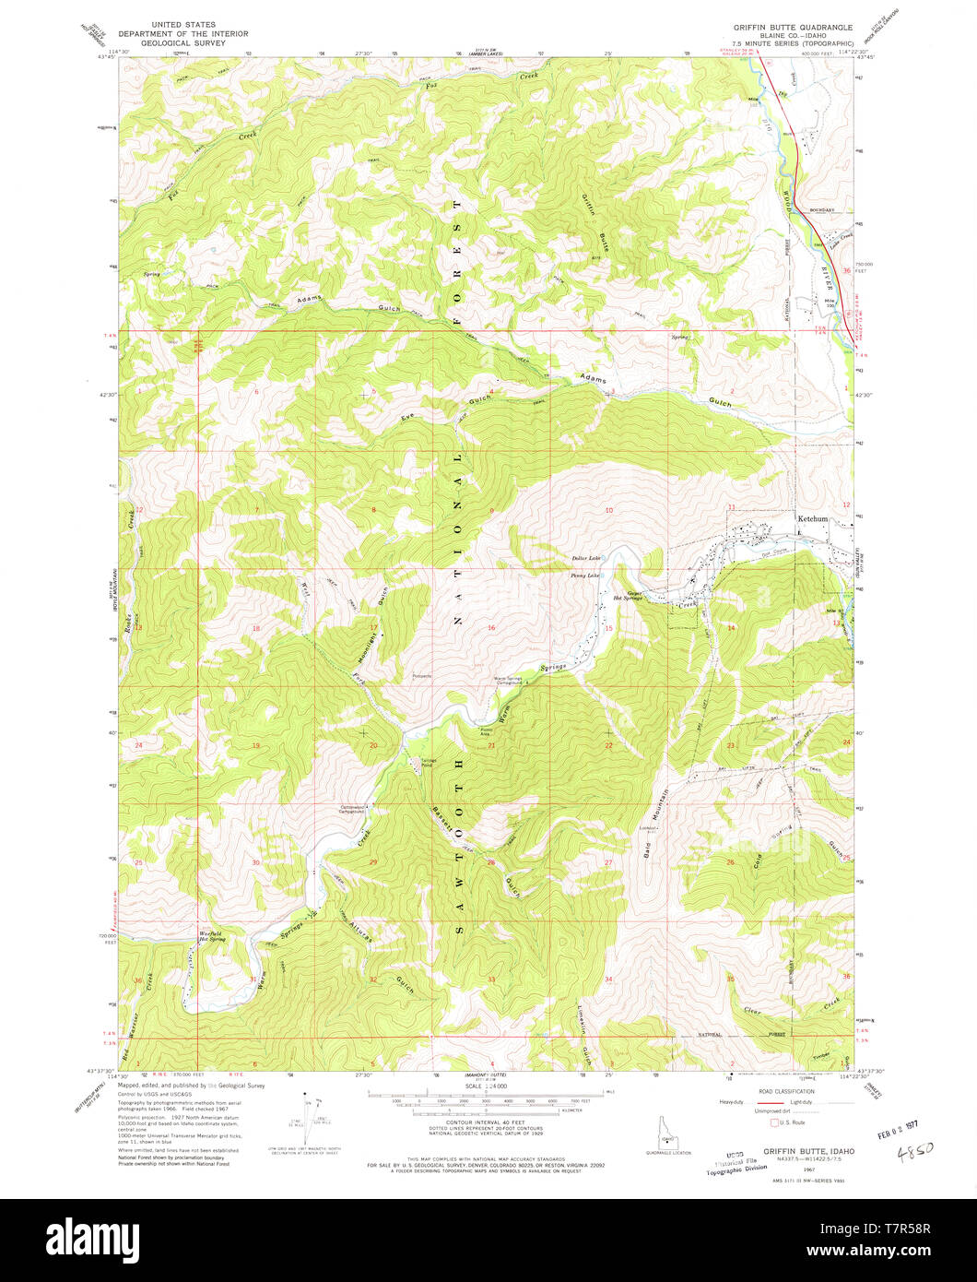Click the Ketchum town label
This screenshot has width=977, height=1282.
[814, 519]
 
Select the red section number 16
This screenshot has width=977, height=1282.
[492, 628]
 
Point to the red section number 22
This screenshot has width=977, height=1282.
[608, 744]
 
